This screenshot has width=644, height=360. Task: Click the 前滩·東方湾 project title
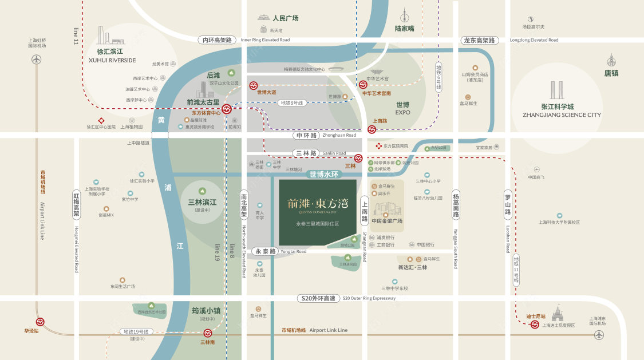[x=317, y=204]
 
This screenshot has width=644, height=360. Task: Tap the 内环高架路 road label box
[x=217, y=40]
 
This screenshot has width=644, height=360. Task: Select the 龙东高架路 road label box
[x=480, y=40]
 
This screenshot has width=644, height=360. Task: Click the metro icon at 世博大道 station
[x=254, y=86]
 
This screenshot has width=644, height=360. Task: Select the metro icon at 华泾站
[x=40, y=322]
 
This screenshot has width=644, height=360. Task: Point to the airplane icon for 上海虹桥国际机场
[x=37, y=59]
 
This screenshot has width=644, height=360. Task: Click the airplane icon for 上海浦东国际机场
[x=599, y=335]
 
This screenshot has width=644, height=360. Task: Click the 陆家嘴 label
[x=404, y=28]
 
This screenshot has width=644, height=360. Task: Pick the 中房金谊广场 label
[x=387, y=221]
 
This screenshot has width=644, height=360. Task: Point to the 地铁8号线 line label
[x=292, y=103]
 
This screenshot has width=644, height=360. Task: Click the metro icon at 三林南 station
[x=208, y=333]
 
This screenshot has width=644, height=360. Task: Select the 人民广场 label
[x=286, y=18]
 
